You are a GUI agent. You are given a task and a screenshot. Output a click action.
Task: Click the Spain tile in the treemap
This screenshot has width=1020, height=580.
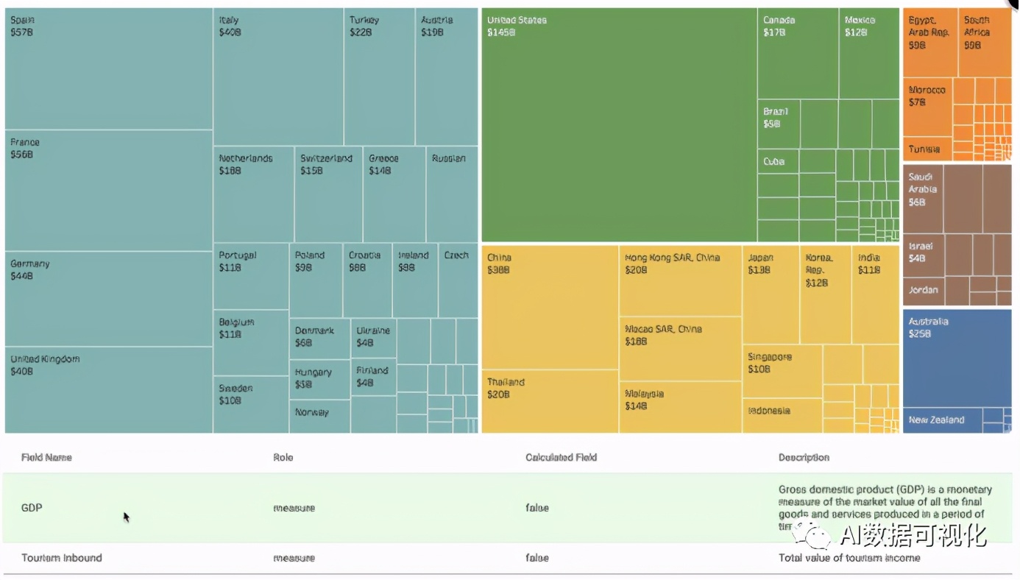tap(109, 68)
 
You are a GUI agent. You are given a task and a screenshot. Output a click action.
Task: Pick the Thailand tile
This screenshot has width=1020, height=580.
tap(550, 401)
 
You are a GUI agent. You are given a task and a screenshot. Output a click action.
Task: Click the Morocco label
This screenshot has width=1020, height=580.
tap(927, 91)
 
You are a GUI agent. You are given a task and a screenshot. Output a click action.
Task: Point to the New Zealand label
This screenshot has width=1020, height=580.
tap(936, 420)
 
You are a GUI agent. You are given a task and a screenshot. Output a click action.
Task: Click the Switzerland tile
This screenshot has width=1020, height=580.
tap(328, 195)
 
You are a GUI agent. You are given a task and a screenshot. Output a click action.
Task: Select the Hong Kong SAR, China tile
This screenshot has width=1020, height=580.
tap(680, 280)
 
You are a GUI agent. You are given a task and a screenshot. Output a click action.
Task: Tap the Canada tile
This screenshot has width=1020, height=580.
tap(798, 54)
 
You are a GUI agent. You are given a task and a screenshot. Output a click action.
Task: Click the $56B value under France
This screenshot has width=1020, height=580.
tap(22, 155)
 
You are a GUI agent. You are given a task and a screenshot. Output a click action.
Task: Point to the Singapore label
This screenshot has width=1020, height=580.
tap(770, 357)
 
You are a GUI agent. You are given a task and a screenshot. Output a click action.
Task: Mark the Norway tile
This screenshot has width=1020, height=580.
tap(319, 416)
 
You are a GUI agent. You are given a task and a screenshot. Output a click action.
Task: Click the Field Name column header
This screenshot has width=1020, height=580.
tap(46, 458)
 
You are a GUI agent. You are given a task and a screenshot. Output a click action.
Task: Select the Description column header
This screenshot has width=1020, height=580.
tap(804, 458)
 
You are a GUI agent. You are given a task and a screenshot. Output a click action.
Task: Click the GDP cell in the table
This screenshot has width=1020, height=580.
tap(32, 508)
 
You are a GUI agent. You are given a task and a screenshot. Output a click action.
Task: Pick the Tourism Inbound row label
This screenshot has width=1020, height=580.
tap(62, 558)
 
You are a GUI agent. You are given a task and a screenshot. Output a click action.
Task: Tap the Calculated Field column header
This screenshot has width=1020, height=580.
tap(561, 458)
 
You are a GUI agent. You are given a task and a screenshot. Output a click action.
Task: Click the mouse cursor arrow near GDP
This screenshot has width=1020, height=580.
tap(127, 517)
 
